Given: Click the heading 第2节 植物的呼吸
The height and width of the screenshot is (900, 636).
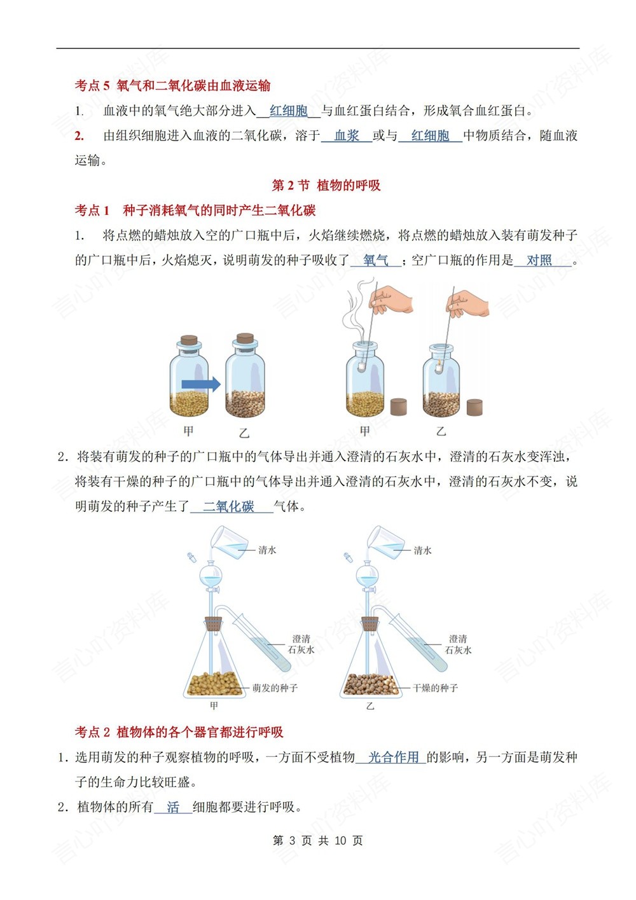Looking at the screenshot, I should [x=326, y=185].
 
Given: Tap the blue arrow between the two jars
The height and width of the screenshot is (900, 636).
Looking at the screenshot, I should [x=201, y=384].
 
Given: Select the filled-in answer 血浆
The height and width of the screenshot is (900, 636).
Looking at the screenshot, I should [x=347, y=135].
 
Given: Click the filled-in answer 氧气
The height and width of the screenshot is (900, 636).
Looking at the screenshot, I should [x=375, y=260].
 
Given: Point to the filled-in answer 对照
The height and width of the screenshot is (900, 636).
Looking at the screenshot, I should [x=539, y=260].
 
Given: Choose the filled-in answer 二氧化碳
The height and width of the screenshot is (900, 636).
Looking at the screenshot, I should [x=229, y=506].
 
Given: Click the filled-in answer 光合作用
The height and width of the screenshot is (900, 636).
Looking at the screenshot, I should [x=393, y=757].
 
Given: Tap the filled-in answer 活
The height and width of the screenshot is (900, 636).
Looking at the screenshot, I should [x=173, y=807].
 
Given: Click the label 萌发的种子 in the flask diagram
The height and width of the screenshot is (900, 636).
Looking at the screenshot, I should [x=275, y=688].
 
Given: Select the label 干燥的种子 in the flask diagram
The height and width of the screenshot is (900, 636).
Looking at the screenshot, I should [x=435, y=688].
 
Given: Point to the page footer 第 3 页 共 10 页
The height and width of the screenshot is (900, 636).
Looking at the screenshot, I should [x=317, y=840].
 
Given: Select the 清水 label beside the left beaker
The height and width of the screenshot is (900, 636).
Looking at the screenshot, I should [x=267, y=550].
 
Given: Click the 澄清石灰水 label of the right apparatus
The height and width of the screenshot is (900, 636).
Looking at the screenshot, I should [x=458, y=644].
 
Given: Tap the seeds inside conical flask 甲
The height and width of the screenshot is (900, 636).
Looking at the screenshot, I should [x=214, y=684].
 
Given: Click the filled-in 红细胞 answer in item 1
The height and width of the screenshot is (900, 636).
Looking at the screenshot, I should [x=288, y=111].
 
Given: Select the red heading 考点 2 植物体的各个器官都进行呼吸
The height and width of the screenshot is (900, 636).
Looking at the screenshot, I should [x=179, y=732].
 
